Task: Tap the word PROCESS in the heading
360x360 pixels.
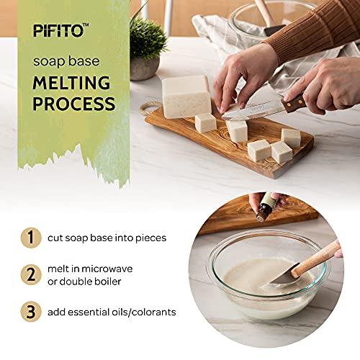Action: pyautogui.click(x=73, y=103)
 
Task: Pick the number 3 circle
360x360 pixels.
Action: pyautogui.click(x=30, y=312)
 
